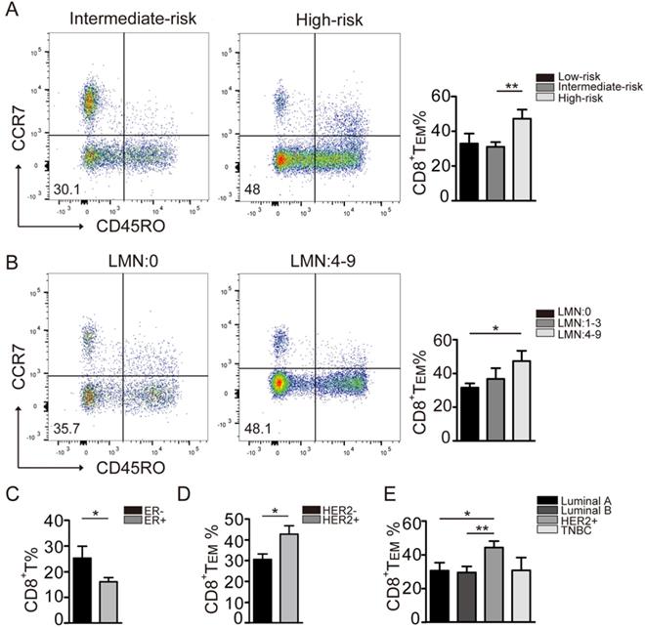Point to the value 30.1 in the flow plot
coord(40,188)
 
